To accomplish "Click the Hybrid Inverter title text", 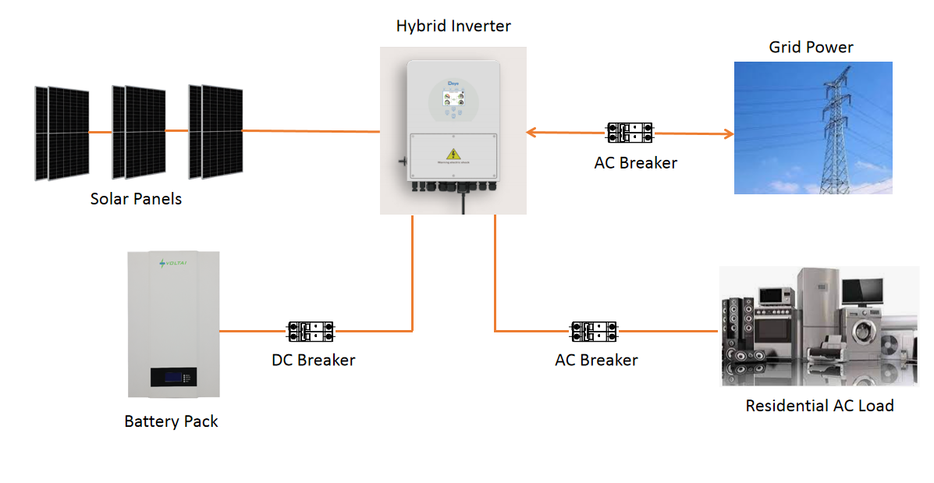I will point(453,26).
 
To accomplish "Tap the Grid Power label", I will point(811,48).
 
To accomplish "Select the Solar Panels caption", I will point(136,199).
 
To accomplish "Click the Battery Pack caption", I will point(171,422).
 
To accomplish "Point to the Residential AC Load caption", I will point(819,407).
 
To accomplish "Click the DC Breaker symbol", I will point(311,332).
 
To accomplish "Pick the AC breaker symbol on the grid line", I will point(630,133).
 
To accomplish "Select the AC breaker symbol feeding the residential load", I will point(595,332).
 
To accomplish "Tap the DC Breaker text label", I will point(313,360).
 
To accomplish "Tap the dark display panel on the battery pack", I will point(173,378).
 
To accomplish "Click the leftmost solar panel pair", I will point(62,133).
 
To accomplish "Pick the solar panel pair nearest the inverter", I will point(215,130).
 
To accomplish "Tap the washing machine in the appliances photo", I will point(863,333).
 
